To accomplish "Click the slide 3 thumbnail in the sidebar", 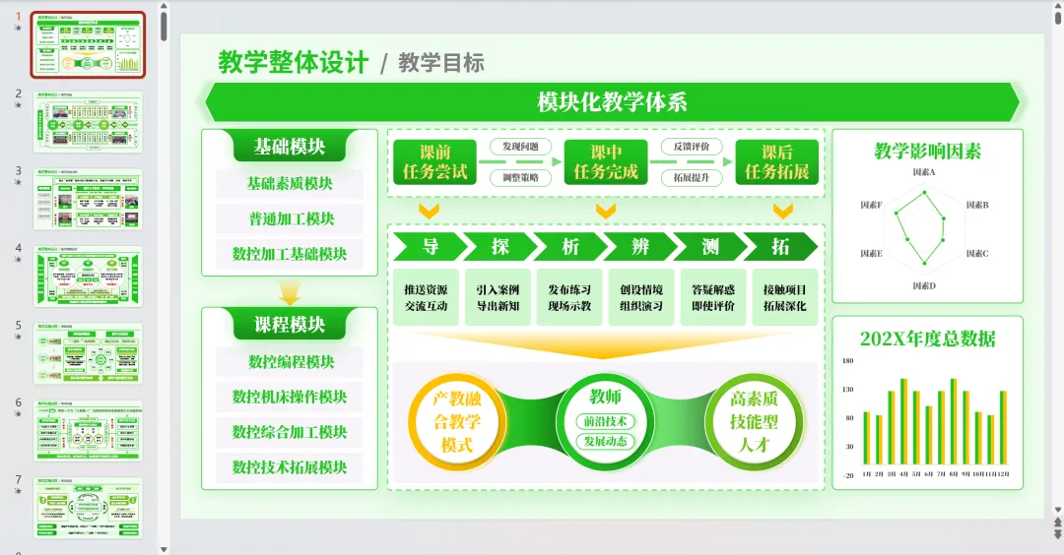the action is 89,199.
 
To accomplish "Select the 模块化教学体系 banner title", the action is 612,102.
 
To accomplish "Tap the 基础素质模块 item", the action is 290,183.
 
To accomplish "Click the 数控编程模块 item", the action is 290,361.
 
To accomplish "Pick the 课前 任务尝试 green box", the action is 434,162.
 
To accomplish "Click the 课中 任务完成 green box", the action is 606,162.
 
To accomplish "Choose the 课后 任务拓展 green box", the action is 776,162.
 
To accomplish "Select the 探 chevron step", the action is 500,246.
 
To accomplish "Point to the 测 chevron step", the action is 710,246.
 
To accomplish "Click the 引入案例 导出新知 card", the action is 498,297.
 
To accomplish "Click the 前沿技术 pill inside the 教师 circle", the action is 605,421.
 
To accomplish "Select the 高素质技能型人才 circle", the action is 755,421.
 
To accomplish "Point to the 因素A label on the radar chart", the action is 924,172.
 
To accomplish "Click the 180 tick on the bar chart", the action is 847,361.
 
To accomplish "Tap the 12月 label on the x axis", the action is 1002,473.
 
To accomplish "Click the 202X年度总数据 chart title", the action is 927,339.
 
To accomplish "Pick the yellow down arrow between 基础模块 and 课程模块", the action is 290,294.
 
